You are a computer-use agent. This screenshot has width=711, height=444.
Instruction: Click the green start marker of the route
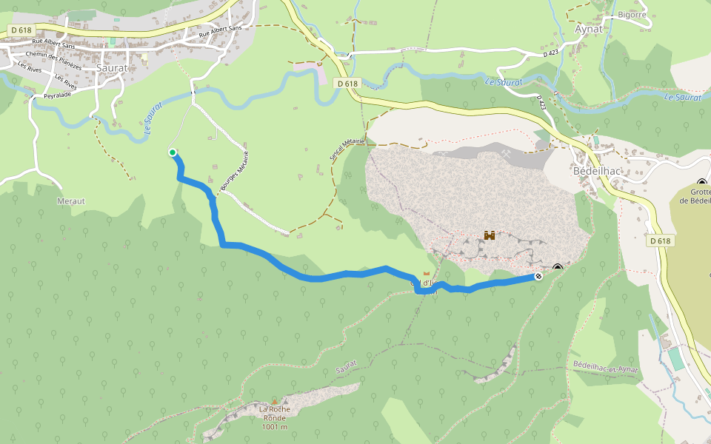pyautogui.click(x=173, y=152)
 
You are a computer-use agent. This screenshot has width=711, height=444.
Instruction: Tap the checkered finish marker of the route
pyautogui.click(x=538, y=277)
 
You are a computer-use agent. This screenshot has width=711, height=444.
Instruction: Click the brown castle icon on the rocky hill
pyautogui.click(x=489, y=235)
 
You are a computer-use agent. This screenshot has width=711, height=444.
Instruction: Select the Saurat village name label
pyautogui.click(x=112, y=67)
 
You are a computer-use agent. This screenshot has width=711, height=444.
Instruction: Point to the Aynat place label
pyautogui.click(x=590, y=29)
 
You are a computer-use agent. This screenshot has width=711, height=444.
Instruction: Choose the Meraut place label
pyautogui.click(x=71, y=201)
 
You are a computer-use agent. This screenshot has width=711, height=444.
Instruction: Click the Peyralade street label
pyautogui.click(x=57, y=95)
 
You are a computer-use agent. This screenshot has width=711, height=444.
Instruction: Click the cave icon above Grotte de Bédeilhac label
pyautogui.click(x=701, y=183)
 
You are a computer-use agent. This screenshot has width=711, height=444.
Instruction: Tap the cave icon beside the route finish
pyautogui.click(x=558, y=269)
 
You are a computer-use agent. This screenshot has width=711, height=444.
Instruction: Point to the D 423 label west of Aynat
pyautogui.click(x=550, y=54)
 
